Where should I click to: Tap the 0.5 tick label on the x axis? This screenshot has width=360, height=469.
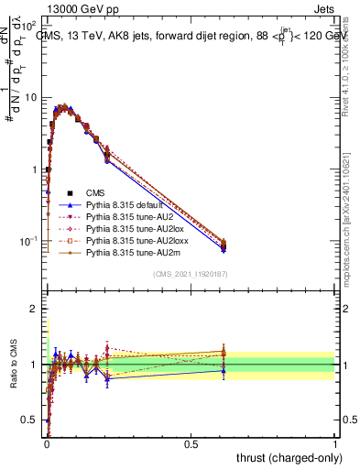[191, 444]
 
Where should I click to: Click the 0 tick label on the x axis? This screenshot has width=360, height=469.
[47, 444]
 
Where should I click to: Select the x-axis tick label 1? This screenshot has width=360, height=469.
[335, 444]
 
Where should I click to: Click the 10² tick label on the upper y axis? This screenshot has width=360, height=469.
[31, 25]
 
